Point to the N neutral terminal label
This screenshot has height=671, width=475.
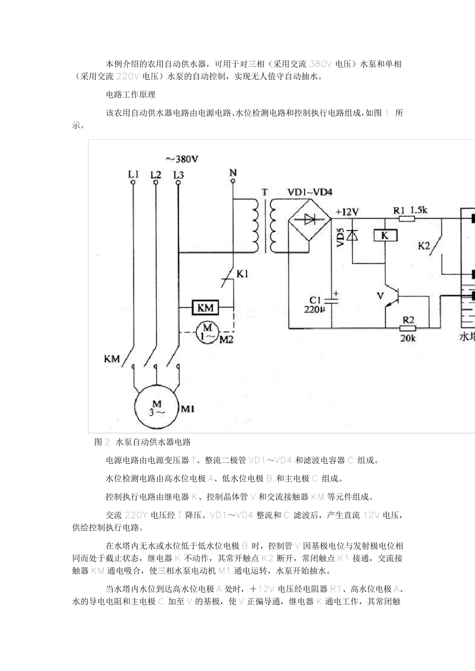(x=233, y=173)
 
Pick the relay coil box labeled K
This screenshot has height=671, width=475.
(x=384, y=235)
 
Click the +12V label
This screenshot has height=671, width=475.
(x=347, y=211)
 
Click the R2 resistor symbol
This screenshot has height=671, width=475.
(x=408, y=328)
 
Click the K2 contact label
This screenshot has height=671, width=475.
(x=424, y=245)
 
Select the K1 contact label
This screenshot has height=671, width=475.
(x=242, y=274)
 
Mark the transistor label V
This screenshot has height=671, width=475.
(x=379, y=296)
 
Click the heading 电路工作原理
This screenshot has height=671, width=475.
(x=130, y=94)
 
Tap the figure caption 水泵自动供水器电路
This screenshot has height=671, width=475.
(x=153, y=442)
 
